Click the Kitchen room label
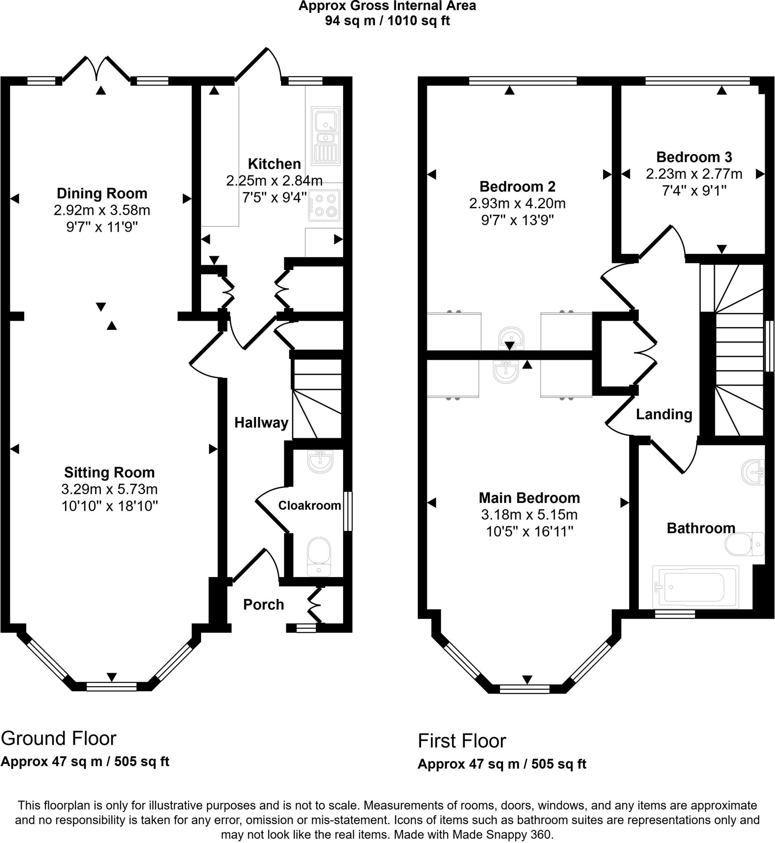click(274, 163)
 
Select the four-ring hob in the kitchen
click(324, 205)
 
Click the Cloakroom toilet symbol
click(319, 557)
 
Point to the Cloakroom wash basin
click(321, 461)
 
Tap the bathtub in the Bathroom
click(695, 587)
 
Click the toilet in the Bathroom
click(745, 544)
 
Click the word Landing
click(664, 415)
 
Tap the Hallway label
click(261, 422)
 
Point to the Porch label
click(263, 605)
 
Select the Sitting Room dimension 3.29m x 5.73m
click(110, 489)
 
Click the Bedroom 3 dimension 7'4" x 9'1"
click(694, 191)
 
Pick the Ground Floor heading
click(59, 738)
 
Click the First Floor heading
click(462, 741)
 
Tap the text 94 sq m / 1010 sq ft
click(387, 21)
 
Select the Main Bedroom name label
click(529, 498)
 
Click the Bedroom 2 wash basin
click(511, 338)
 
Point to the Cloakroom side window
click(348, 511)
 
